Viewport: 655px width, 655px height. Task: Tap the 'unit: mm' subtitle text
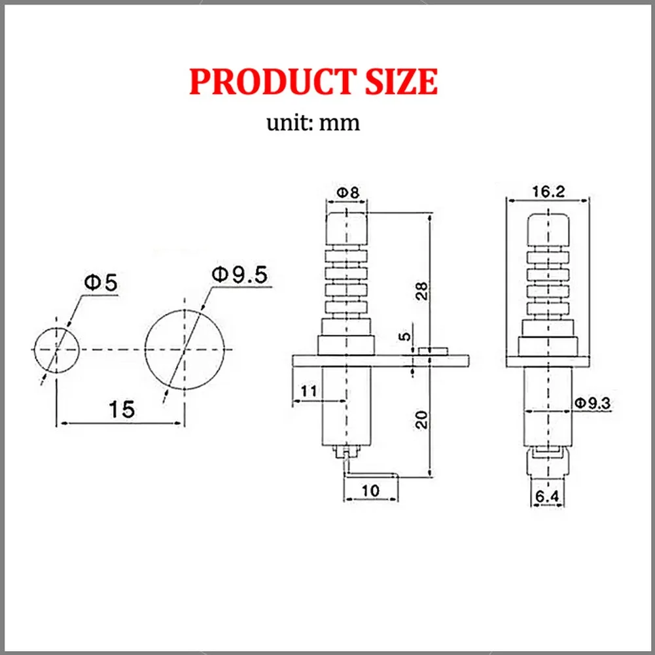tap(313, 122)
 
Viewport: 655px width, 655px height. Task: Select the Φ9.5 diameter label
tap(239, 275)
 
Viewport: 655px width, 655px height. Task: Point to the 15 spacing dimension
tap(122, 410)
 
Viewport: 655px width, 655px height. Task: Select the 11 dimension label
tap(308, 391)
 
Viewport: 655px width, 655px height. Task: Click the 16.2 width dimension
tap(548, 191)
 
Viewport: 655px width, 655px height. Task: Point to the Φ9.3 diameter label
tap(592, 404)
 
